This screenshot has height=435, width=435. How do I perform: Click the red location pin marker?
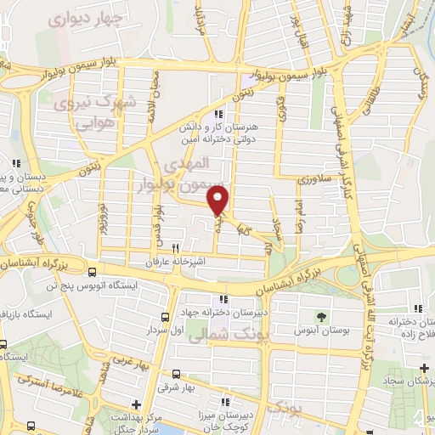point(219,199)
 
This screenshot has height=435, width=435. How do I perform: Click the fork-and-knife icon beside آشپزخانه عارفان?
point(176,248)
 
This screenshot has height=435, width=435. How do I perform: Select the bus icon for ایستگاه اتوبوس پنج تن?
point(92,273)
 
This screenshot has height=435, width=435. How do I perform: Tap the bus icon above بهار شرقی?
point(176,374)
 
